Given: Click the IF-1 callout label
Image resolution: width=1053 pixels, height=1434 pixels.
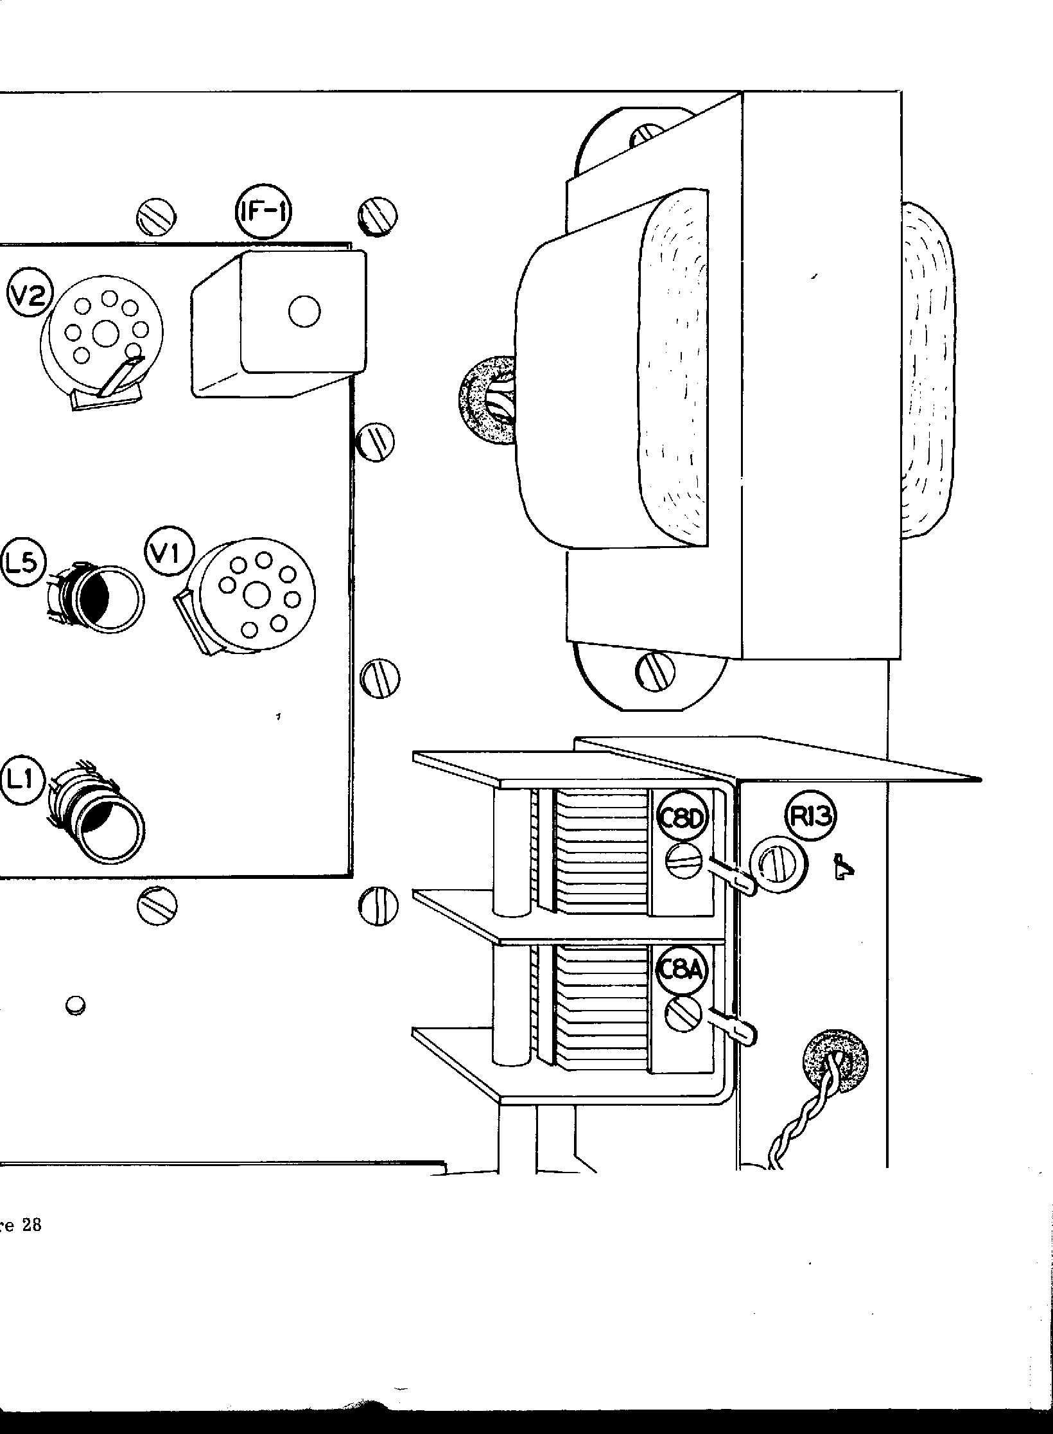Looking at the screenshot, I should click(x=261, y=212).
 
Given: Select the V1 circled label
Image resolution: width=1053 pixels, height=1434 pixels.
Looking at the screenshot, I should click(x=167, y=553).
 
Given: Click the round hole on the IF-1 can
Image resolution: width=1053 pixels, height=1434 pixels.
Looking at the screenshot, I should click(x=304, y=312).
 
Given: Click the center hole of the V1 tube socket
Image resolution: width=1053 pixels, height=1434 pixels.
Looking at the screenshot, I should click(x=256, y=596).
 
